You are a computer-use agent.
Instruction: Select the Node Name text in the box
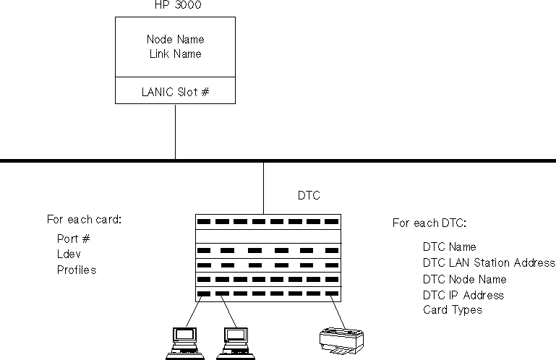coord(175,39)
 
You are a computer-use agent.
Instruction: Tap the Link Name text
coord(175,53)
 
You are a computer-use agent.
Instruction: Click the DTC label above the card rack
coord(309,195)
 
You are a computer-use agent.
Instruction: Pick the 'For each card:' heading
coord(84,219)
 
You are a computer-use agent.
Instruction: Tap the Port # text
coord(73,238)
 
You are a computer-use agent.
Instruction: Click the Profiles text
coord(77,270)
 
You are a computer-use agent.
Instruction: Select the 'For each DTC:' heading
coord(429,223)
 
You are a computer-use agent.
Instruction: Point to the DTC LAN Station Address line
coord(489,262)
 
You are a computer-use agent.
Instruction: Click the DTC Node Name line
coord(464,279)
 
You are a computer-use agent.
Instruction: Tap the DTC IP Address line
coord(463,295)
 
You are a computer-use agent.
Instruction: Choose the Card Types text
coord(453,310)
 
